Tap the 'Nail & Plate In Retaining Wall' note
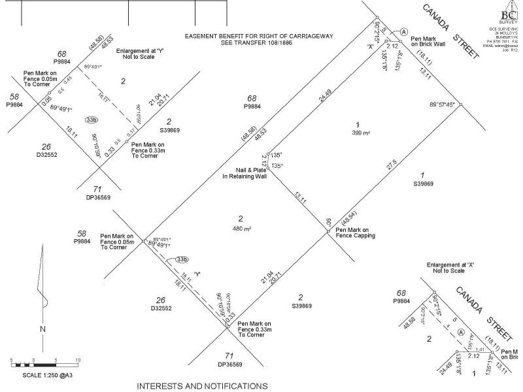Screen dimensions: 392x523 click(x=245, y=173)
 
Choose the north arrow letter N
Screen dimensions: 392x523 click(x=42, y=329)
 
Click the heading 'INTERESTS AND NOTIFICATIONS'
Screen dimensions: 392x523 click(x=202, y=386)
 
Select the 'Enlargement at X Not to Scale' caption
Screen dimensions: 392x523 click(x=452, y=268)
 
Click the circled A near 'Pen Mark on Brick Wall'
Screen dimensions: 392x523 click(x=403, y=32)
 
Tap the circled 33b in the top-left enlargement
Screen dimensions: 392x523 click(x=91, y=120)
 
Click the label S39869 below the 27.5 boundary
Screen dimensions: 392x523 click(x=422, y=184)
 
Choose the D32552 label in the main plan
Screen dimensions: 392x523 click(x=161, y=308)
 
